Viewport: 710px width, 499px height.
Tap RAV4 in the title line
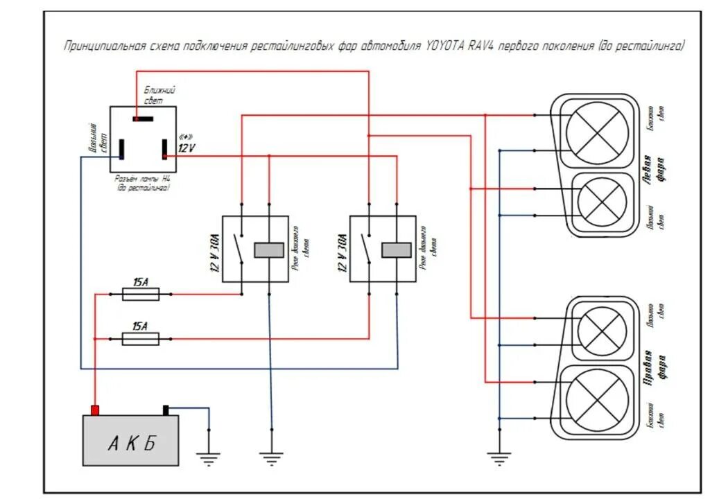point(486,47)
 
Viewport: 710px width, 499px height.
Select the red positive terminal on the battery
point(95,410)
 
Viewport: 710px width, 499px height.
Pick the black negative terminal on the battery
point(166,410)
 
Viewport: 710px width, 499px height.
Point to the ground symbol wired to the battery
point(208,457)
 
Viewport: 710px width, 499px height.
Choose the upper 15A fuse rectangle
point(141,295)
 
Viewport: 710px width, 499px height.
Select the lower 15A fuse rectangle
point(141,338)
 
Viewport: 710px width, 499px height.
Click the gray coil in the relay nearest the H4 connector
point(268,250)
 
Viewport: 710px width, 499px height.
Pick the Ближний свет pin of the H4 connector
point(143,119)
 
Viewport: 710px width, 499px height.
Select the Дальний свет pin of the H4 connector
point(121,148)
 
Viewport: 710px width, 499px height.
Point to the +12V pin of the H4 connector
point(165,148)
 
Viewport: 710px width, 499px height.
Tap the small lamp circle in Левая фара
point(602,201)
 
